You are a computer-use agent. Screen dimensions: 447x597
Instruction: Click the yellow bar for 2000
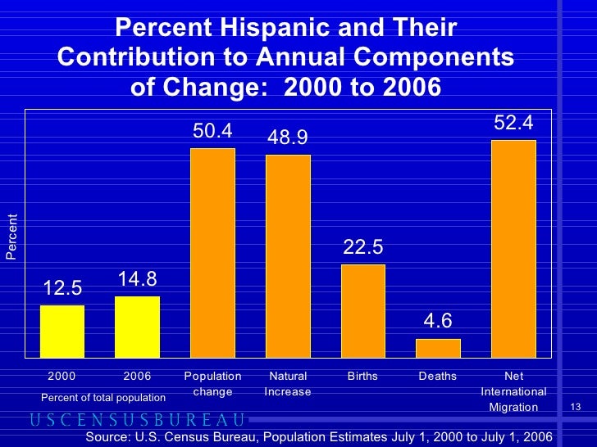click(x=62, y=332)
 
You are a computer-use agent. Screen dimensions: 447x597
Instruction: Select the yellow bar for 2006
click(x=137, y=327)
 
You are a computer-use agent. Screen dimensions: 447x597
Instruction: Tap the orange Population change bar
click(x=212, y=253)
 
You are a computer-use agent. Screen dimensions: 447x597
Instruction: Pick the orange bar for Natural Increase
click(x=288, y=256)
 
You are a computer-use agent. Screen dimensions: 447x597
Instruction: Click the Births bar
click(x=362, y=311)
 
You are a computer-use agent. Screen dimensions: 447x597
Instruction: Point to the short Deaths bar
click(x=438, y=348)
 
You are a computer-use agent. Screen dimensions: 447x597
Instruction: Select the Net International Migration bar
click(x=513, y=249)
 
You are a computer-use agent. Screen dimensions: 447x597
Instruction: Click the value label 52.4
click(x=513, y=123)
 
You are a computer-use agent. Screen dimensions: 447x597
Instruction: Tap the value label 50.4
click(x=212, y=131)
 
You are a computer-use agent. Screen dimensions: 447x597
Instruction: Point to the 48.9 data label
click(x=288, y=138)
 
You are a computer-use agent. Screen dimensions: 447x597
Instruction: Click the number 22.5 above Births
click(x=362, y=247)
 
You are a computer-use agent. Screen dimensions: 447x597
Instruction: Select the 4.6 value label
click(x=438, y=322)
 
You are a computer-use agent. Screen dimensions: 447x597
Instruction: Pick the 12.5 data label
click(x=63, y=288)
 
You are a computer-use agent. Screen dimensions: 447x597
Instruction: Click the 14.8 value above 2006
click(x=137, y=279)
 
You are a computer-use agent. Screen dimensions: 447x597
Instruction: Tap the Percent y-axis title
click(x=11, y=237)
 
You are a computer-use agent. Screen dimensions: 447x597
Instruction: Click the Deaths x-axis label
click(x=438, y=377)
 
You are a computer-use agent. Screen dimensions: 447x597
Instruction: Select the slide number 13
click(x=574, y=408)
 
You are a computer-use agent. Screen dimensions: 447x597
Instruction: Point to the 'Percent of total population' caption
click(x=103, y=397)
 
